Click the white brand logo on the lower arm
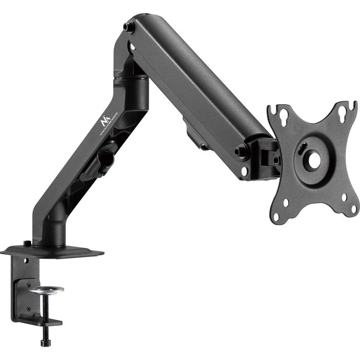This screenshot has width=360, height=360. point(106,124)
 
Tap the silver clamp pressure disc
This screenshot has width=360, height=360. point(46,289)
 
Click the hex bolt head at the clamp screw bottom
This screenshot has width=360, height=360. point(46,342)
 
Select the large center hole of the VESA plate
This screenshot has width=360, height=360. point(313,160)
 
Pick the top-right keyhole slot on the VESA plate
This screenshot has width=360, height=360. point(342,113)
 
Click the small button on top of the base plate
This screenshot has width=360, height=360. point(27,243)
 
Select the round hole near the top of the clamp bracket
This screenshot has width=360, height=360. point(26,261)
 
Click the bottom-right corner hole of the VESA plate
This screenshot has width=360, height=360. point(344,196)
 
